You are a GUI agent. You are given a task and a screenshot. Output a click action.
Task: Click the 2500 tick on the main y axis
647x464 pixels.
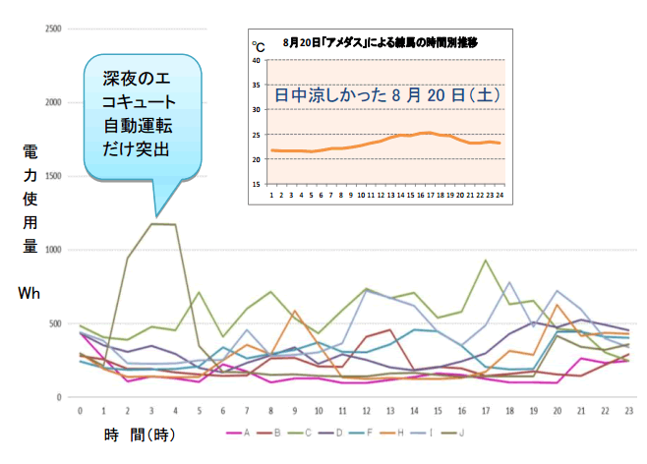click(x=53, y=29)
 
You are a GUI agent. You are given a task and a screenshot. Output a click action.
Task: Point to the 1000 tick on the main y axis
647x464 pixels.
click(x=53, y=250)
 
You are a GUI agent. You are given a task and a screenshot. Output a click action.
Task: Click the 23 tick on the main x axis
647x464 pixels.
click(x=627, y=410)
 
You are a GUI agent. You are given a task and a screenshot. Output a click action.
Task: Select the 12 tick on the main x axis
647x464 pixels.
click(x=366, y=410)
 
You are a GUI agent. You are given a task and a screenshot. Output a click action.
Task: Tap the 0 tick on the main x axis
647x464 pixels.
click(x=80, y=410)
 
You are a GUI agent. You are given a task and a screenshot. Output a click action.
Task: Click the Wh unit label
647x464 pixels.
click(x=29, y=293)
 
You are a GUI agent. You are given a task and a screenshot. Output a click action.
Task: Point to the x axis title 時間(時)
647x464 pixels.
click(x=141, y=434)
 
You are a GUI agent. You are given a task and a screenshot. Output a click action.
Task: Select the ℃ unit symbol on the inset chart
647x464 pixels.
click(x=258, y=46)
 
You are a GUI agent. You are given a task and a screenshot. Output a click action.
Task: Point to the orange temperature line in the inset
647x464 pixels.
click(x=393, y=139)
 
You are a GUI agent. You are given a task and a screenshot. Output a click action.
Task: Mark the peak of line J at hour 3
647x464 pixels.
click(x=152, y=224)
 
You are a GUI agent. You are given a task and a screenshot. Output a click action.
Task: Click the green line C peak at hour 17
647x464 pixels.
click(x=485, y=261)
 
